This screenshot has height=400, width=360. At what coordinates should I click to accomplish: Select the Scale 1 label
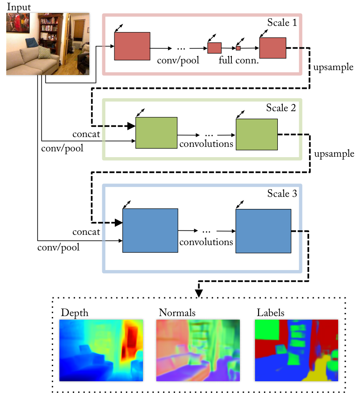pyautogui.click(x=282, y=22)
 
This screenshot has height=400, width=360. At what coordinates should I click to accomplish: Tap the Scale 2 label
pyautogui.click(x=281, y=108)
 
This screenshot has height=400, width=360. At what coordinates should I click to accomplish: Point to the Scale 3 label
pyautogui.click(x=282, y=194)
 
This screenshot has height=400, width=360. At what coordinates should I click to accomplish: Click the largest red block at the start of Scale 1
pyautogui.click(x=132, y=46)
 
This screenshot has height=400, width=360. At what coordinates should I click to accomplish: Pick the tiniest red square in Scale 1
pyautogui.click(x=239, y=48)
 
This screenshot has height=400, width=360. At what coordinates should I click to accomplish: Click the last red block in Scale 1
pyautogui.click(x=272, y=48)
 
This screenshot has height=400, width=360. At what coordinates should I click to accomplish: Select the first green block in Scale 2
pyautogui.click(x=156, y=133)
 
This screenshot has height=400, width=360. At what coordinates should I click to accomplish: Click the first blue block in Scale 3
pyautogui.click(x=150, y=230)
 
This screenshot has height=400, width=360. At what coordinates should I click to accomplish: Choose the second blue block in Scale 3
pyautogui.click(x=263, y=231)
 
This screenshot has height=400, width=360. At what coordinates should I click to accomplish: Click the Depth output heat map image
pyautogui.click(x=101, y=350)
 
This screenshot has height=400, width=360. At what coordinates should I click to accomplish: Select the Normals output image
pyautogui.click(x=198, y=350)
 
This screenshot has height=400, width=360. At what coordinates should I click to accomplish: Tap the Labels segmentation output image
pyautogui.click(x=297, y=350)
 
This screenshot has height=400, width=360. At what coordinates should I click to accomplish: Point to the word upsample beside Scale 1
pyautogui.click(x=334, y=67)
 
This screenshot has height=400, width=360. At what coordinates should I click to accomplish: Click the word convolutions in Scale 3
pyautogui.click(x=206, y=242)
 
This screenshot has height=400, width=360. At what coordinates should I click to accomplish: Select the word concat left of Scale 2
pyautogui.click(x=86, y=134)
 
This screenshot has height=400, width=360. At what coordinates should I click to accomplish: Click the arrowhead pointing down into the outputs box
pyautogui.click(x=199, y=293)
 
